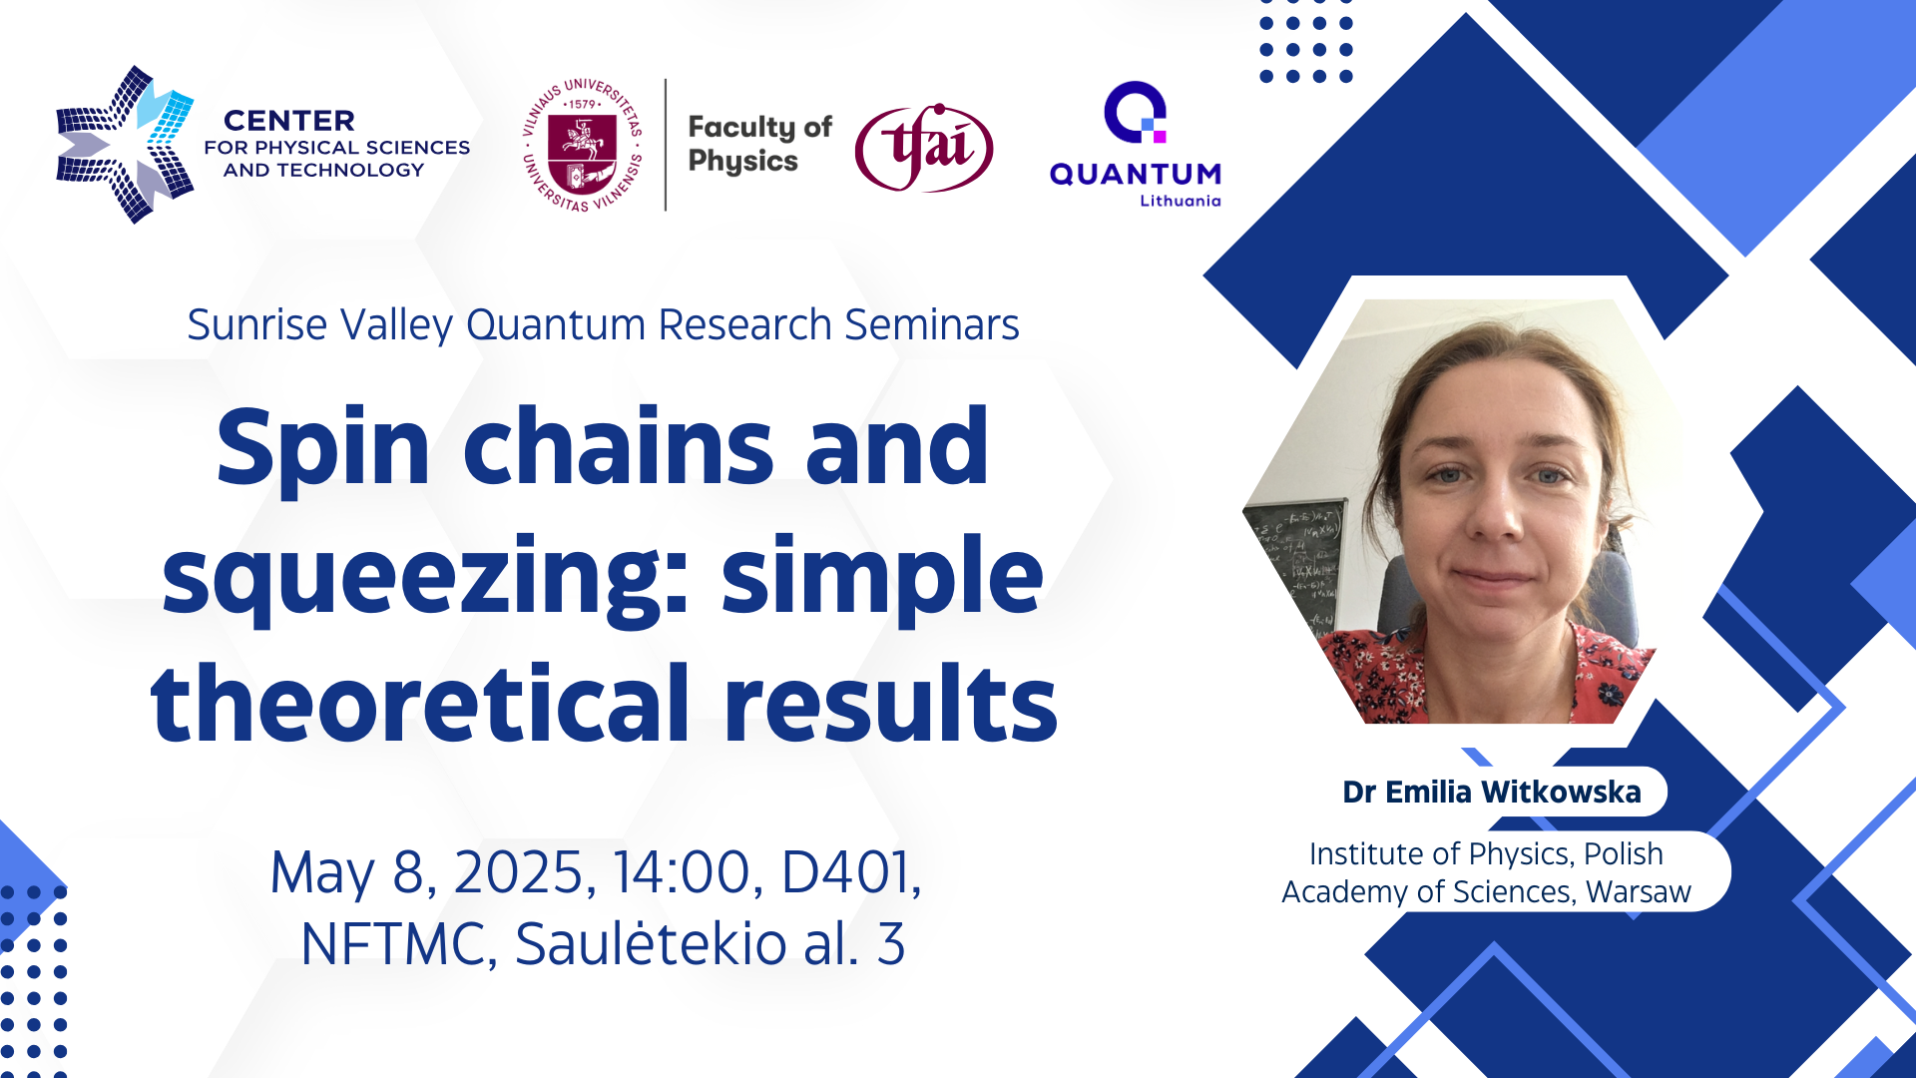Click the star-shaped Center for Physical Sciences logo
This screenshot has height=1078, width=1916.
tap(125, 145)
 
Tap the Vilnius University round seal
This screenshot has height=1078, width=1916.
tap(584, 145)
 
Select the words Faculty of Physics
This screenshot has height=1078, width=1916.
tap(759, 144)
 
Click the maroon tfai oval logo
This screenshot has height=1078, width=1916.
tap(924, 148)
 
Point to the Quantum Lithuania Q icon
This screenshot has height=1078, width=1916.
tap(1136, 112)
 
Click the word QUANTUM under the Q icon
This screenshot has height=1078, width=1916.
tap(1136, 174)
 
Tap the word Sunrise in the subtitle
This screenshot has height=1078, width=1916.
tap(257, 324)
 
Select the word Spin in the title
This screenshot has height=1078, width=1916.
tap(323, 447)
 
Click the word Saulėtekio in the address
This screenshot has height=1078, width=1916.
tap(651, 943)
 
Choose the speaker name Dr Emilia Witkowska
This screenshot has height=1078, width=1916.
tap(1492, 792)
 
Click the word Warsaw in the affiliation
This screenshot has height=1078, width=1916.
tap(1639, 891)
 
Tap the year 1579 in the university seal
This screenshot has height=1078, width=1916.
tap(583, 103)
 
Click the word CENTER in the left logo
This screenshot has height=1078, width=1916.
tap(289, 121)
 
